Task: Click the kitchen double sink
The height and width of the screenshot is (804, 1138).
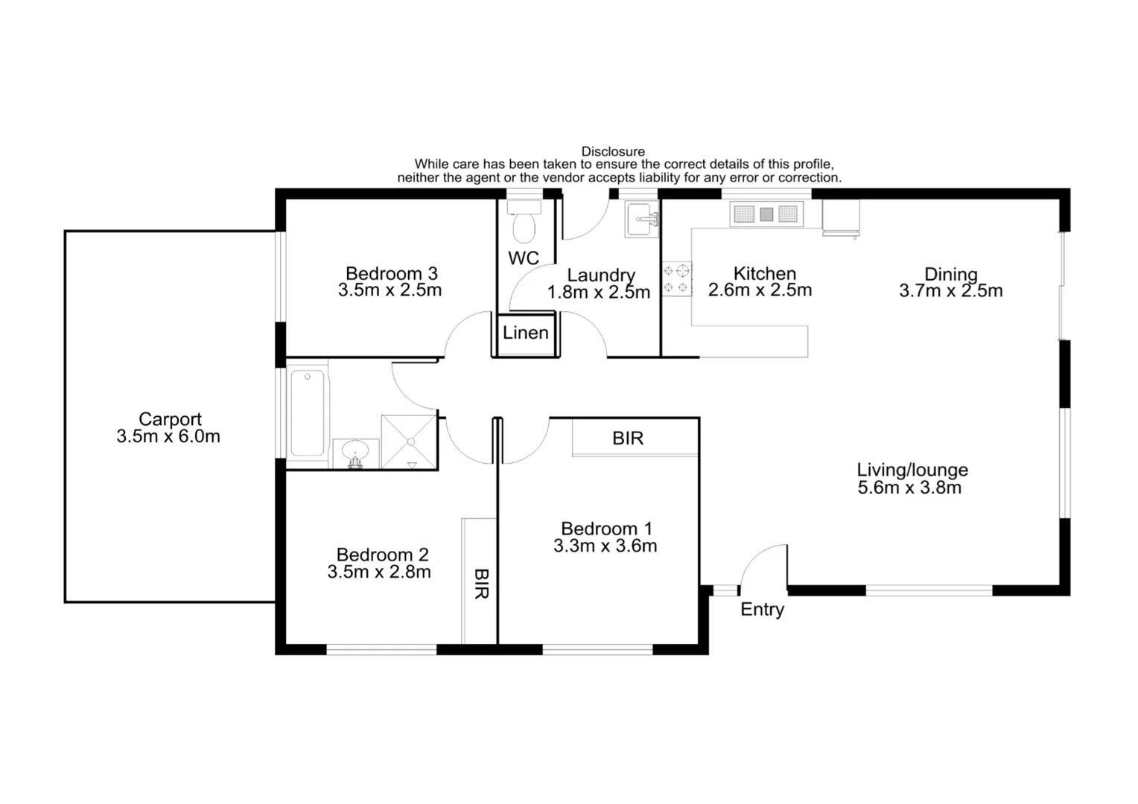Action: pyautogui.click(x=766, y=215)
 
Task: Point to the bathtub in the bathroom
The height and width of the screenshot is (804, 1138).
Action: pyautogui.click(x=307, y=414)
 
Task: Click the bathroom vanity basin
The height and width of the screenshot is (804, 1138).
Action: pyautogui.click(x=355, y=453)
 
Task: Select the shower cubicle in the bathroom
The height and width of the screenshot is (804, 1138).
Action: pyautogui.click(x=409, y=442)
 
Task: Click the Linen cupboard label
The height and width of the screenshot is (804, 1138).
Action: pyautogui.click(x=525, y=334)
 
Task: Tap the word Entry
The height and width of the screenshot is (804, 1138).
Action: pyautogui.click(x=762, y=610)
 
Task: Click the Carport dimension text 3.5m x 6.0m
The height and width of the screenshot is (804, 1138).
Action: pyautogui.click(x=168, y=437)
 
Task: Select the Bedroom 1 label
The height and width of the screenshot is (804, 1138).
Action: pyautogui.click(x=606, y=529)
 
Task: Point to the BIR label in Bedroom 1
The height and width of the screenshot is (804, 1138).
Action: pyautogui.click(x=628, y=438)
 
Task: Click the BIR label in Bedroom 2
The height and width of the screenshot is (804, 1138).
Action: pyautogui.click(x=481, y=584)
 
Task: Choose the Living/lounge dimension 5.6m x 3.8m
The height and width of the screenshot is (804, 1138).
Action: pyautogui.click(x=909, y=488)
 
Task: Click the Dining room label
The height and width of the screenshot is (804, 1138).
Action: pyautogui.click(x=950, y=274)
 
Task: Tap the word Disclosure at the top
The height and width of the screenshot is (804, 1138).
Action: pyautogui.click(x=613, y=152)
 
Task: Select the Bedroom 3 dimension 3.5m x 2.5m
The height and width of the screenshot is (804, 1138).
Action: pyautogui.click(x=390, y=291)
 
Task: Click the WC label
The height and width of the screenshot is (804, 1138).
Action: pyautogui.click(x=524, y=258)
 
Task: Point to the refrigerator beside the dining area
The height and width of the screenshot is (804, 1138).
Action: pyautogui.click(x=841, y=217)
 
